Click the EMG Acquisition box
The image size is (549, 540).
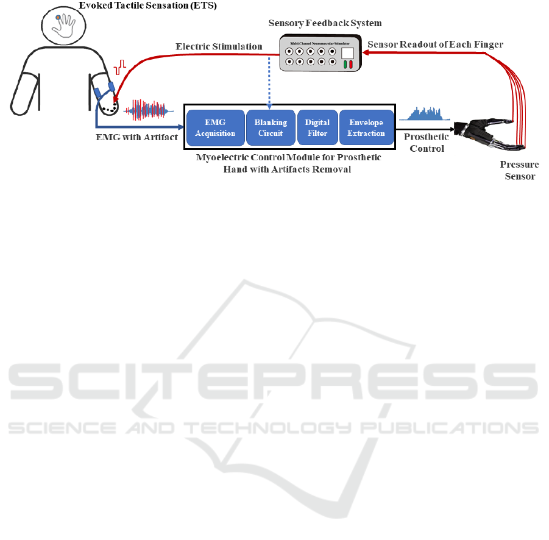[x=215, y=128]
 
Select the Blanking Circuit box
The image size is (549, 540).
[x=271, y=128]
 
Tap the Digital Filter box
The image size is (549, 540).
[x=317, y=128]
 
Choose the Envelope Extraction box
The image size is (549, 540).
[x=366, y=128]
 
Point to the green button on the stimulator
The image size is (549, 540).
[x=345, y=64]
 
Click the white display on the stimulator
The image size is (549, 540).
[x=347, y=52]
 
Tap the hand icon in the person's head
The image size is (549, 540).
[x=64, y=24]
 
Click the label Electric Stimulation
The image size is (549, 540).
[x=219, y=46]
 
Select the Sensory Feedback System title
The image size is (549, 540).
[x=325, y=23]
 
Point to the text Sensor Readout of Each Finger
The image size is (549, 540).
[x=435, y=44]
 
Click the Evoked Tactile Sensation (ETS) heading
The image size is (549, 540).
[x=147, y=5]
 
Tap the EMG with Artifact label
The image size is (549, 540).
[x=137, y=137]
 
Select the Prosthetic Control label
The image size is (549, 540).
[x=426, y=143]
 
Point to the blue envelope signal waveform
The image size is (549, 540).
[x=424, y=113]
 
